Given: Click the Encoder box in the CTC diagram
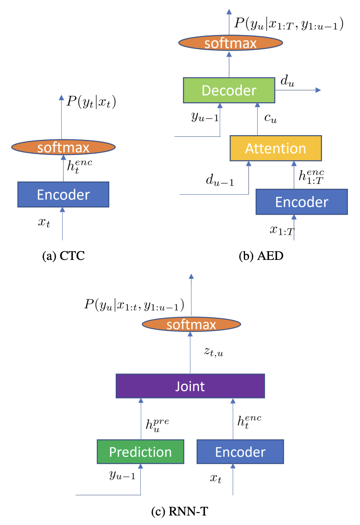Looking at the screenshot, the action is [63, 194].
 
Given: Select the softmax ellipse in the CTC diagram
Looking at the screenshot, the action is [63, 147].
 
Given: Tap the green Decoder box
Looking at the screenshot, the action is [229, 90].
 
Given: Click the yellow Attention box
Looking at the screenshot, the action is [276, 148].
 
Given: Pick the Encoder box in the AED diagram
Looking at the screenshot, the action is [302, 202].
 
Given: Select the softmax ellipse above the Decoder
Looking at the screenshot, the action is [231, 43].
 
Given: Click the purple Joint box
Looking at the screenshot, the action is [190, 386].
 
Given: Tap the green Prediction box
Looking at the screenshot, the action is [140, 452].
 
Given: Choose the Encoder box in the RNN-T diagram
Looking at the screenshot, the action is [240, 452].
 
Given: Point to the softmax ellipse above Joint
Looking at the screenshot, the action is [191, 324].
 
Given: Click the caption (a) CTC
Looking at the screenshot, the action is [63, 256].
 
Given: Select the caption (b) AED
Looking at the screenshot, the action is [261, 256].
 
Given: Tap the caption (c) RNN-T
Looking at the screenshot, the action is [180, 511].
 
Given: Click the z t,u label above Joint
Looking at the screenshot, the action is [214, 352].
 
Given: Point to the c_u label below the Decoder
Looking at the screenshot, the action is [271, 118].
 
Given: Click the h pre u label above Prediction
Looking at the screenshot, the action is [157, 425].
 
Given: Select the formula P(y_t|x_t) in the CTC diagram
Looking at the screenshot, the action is [91, 102].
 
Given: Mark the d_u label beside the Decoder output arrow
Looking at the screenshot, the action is [287, 81].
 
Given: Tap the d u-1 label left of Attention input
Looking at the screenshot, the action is [220, 180].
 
